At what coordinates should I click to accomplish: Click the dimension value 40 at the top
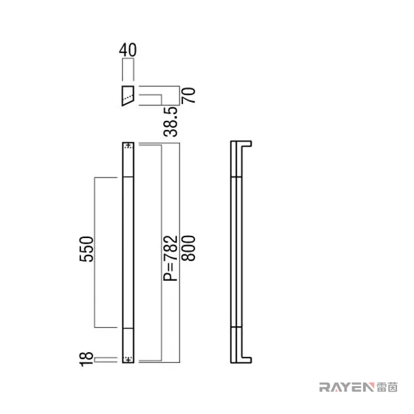pyautogui.click(x=128, y=50)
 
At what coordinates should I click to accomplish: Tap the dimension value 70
pyautogui.click(x=188, y=95)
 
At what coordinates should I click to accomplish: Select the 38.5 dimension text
pyautogui.click(x=171, y=122)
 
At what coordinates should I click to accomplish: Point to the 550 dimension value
pyautogui.click(x=86, y=249)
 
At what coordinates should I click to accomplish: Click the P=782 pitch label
pyautogui.click(x=171, y=258)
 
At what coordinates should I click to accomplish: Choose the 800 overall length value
pyautogui.click(x=188, y=248)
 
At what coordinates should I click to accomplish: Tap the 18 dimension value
pyautogui.click(x=86, y=359)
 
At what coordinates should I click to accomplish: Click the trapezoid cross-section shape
pyautogui.click(x=128, y=96)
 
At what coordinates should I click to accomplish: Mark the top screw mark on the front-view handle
pyautogui.click(x=128, y=145)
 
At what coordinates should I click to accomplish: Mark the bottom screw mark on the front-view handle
pyautogui.click(x=128, y=360)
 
